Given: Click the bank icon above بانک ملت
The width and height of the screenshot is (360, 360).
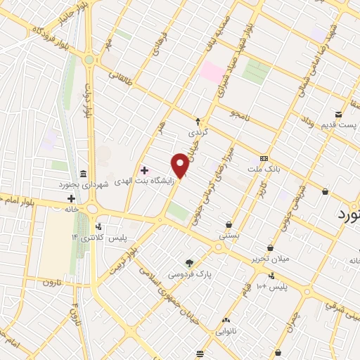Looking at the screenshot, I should point(264,159).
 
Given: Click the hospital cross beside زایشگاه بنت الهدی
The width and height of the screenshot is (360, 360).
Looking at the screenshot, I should point(144,171).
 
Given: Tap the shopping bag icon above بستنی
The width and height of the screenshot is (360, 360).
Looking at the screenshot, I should point(229,225).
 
